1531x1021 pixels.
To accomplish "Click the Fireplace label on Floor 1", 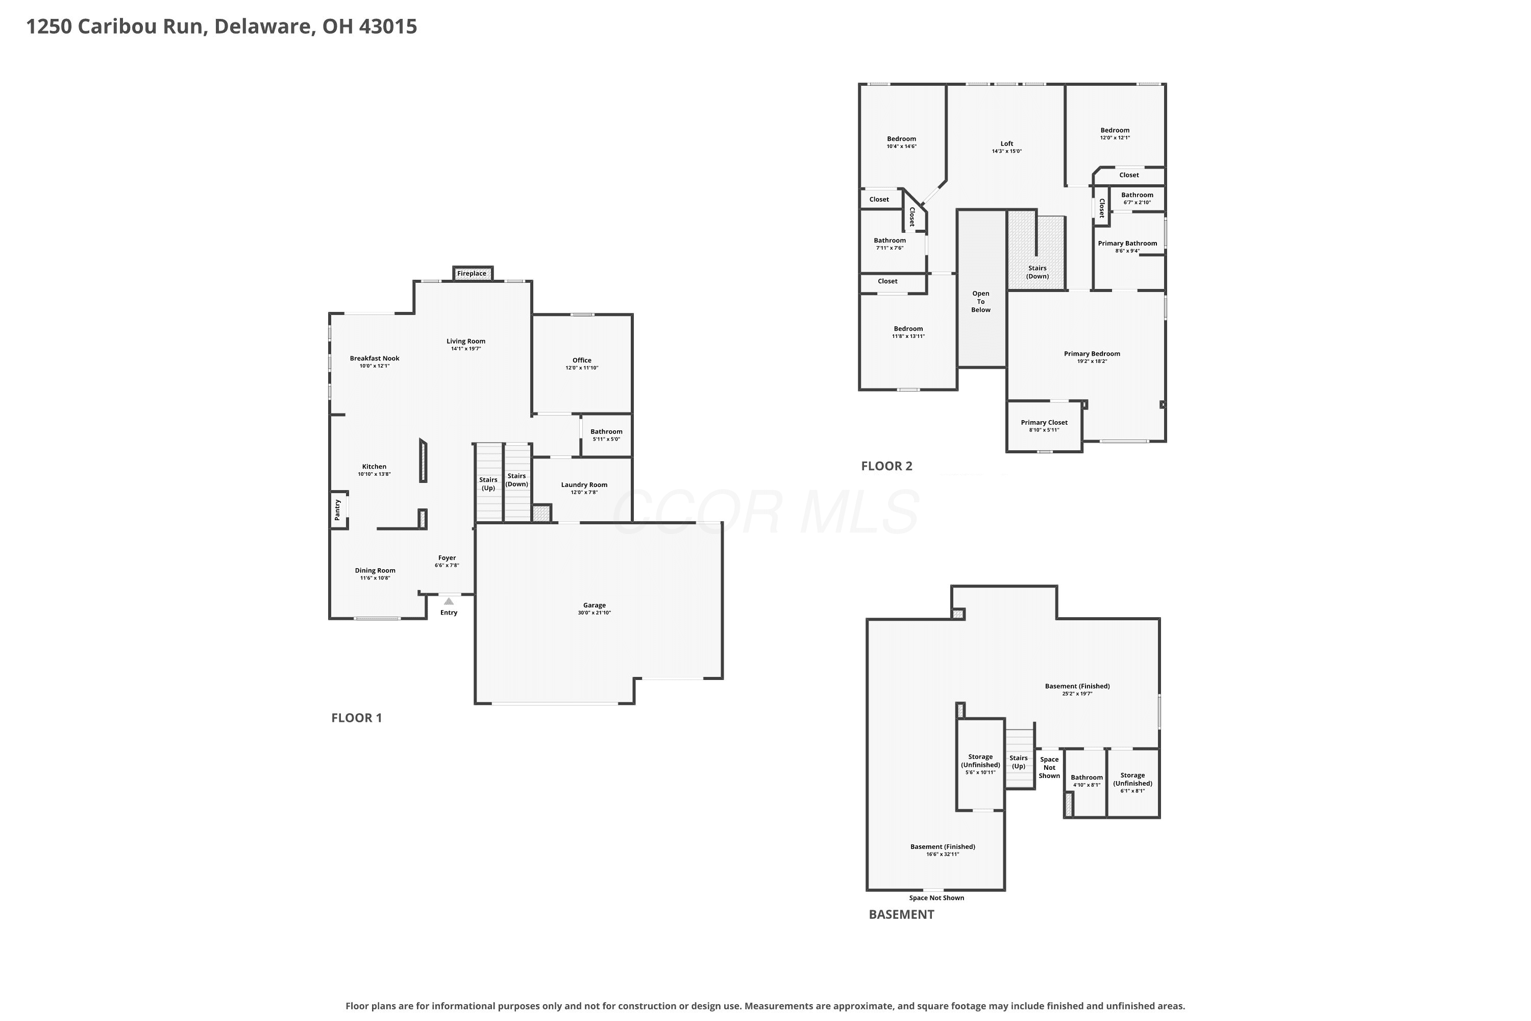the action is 471,274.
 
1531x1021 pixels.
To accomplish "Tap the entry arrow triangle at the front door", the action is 449,601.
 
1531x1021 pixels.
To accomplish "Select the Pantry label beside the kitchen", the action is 337,510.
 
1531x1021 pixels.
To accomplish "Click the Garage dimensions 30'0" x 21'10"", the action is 595,613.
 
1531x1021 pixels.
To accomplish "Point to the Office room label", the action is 582,360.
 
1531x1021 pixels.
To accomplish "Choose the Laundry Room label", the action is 584,484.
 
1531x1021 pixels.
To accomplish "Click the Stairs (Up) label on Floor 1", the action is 488,484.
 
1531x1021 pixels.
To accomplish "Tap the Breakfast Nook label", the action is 374,358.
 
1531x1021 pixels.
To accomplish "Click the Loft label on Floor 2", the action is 1007,144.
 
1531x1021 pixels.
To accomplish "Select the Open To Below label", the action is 981,302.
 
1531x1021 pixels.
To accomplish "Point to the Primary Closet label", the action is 1044,423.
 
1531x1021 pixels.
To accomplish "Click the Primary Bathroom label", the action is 1127,244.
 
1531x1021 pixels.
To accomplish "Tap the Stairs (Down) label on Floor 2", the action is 1038,272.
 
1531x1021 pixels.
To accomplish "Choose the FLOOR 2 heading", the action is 886,466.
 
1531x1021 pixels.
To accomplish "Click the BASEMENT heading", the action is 902,914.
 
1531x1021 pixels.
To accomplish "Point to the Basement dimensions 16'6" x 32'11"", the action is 943,854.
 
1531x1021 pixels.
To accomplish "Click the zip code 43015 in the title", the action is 388,27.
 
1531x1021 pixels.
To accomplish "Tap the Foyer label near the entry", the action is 447,558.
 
